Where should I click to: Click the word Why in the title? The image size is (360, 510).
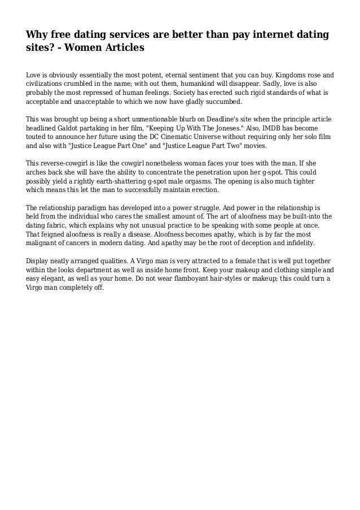click(x=37, y=36)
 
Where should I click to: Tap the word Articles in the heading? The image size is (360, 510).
click(x=120, y=48)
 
